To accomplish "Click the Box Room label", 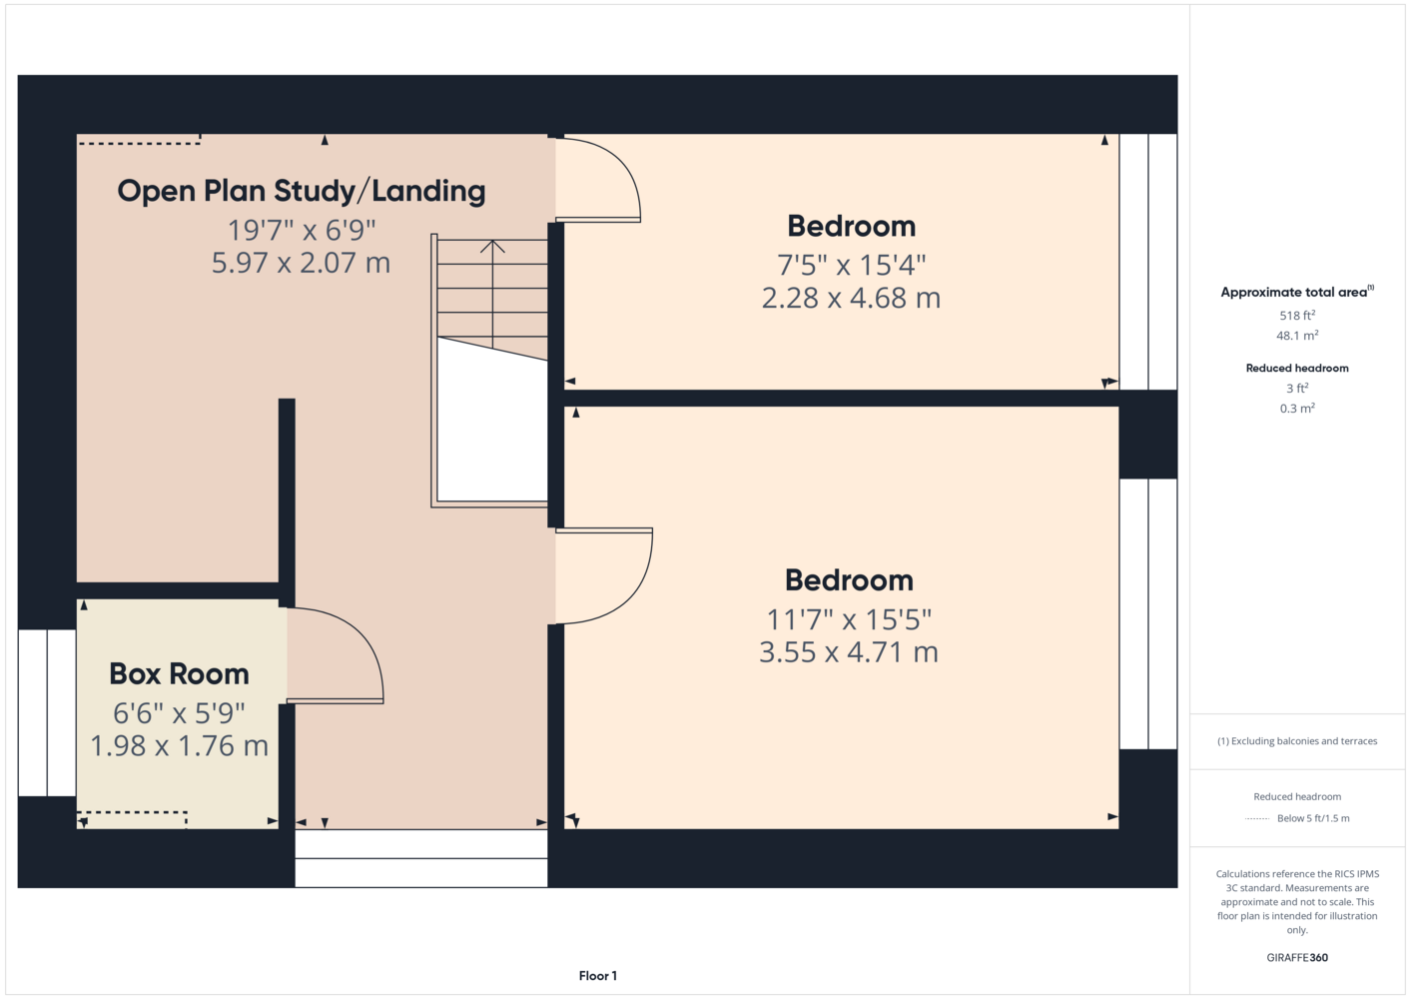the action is [x=179, y=673].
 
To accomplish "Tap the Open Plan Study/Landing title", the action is [x=302, y=191].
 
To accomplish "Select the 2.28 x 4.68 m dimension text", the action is [x=851, y=298].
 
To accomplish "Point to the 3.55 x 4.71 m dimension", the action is [x=849, y=652].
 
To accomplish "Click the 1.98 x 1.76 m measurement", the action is [x=180, y=746].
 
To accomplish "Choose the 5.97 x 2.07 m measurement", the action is [x=301, y=263].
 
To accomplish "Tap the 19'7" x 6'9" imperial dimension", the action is [x=302, y=230].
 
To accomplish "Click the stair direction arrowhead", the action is [x=492, y=247].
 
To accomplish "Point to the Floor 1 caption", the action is [x=598, y=976].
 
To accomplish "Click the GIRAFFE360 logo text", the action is [x=1297, y=957].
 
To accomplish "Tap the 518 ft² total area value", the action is [x=1297, y=315].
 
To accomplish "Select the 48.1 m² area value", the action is [x=1297, y=336].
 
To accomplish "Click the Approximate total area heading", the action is [x=1297, y=292].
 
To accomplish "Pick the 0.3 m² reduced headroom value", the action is [x=1297, y=409].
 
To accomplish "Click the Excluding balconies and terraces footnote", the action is [x=1297, y=741].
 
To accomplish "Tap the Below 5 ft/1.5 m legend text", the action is [x=1313, y=818].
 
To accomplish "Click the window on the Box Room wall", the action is [x=47, y=712].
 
